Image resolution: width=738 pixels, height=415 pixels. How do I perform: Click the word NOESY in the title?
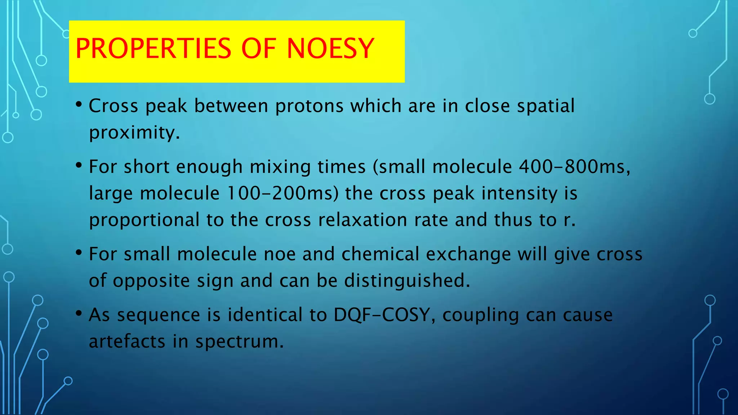click(330, 49)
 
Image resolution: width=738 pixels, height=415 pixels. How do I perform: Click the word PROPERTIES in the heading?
click(153, 49)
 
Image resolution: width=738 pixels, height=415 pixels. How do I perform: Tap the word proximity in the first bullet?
click(134, 132)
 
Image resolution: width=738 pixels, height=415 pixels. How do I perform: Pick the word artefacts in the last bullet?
click(127, 341)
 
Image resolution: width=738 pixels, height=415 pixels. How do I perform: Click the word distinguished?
click(407, 280)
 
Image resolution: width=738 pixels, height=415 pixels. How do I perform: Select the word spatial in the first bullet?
click(546, 106)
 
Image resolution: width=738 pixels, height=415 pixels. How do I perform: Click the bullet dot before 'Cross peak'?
click(79, 105)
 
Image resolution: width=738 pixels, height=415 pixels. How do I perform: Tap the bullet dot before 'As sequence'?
click(79, 313)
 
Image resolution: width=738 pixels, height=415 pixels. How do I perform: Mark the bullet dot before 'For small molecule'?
click(79, 253)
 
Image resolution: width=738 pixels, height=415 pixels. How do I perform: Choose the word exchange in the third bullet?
click(468, 254)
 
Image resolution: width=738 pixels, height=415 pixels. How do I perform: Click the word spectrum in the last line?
click(239, 342)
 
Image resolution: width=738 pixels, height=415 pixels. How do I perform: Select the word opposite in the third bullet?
click(151, 281)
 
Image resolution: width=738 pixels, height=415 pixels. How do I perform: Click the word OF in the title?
click(258, 49)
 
